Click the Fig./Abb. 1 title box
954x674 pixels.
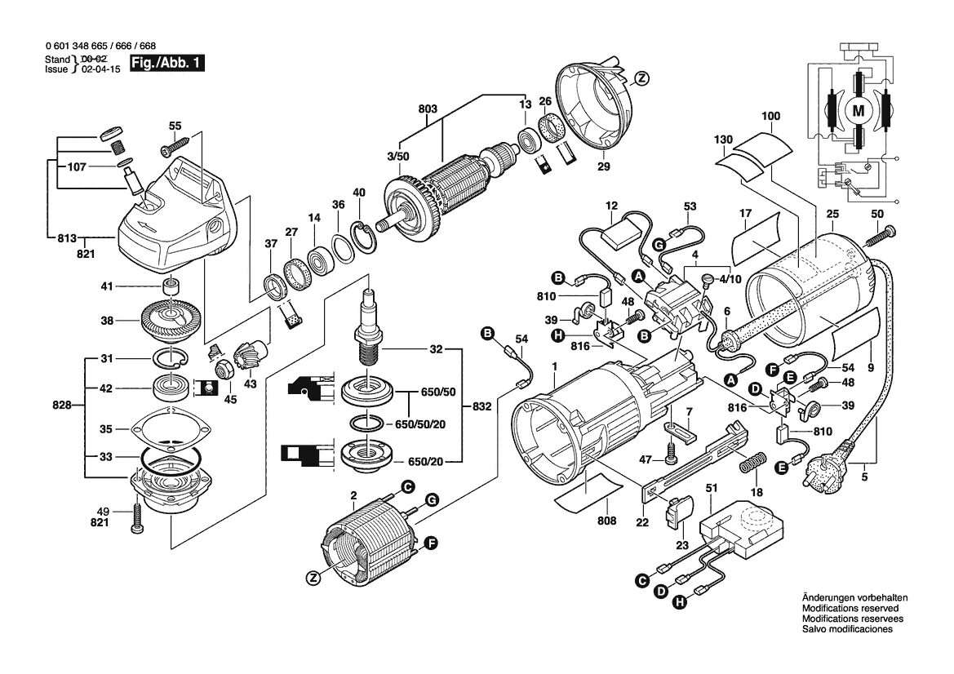(165, 64)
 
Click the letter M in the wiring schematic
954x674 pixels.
(859, 111)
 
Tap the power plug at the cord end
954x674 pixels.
(830, 465)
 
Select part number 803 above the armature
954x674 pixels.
(428, 109)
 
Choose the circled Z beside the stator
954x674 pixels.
(314, 579)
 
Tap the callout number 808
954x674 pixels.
(606, 521)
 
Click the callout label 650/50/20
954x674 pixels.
(419, 424)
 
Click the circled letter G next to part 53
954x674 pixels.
(657, 245)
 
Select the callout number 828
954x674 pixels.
(62, 405)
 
